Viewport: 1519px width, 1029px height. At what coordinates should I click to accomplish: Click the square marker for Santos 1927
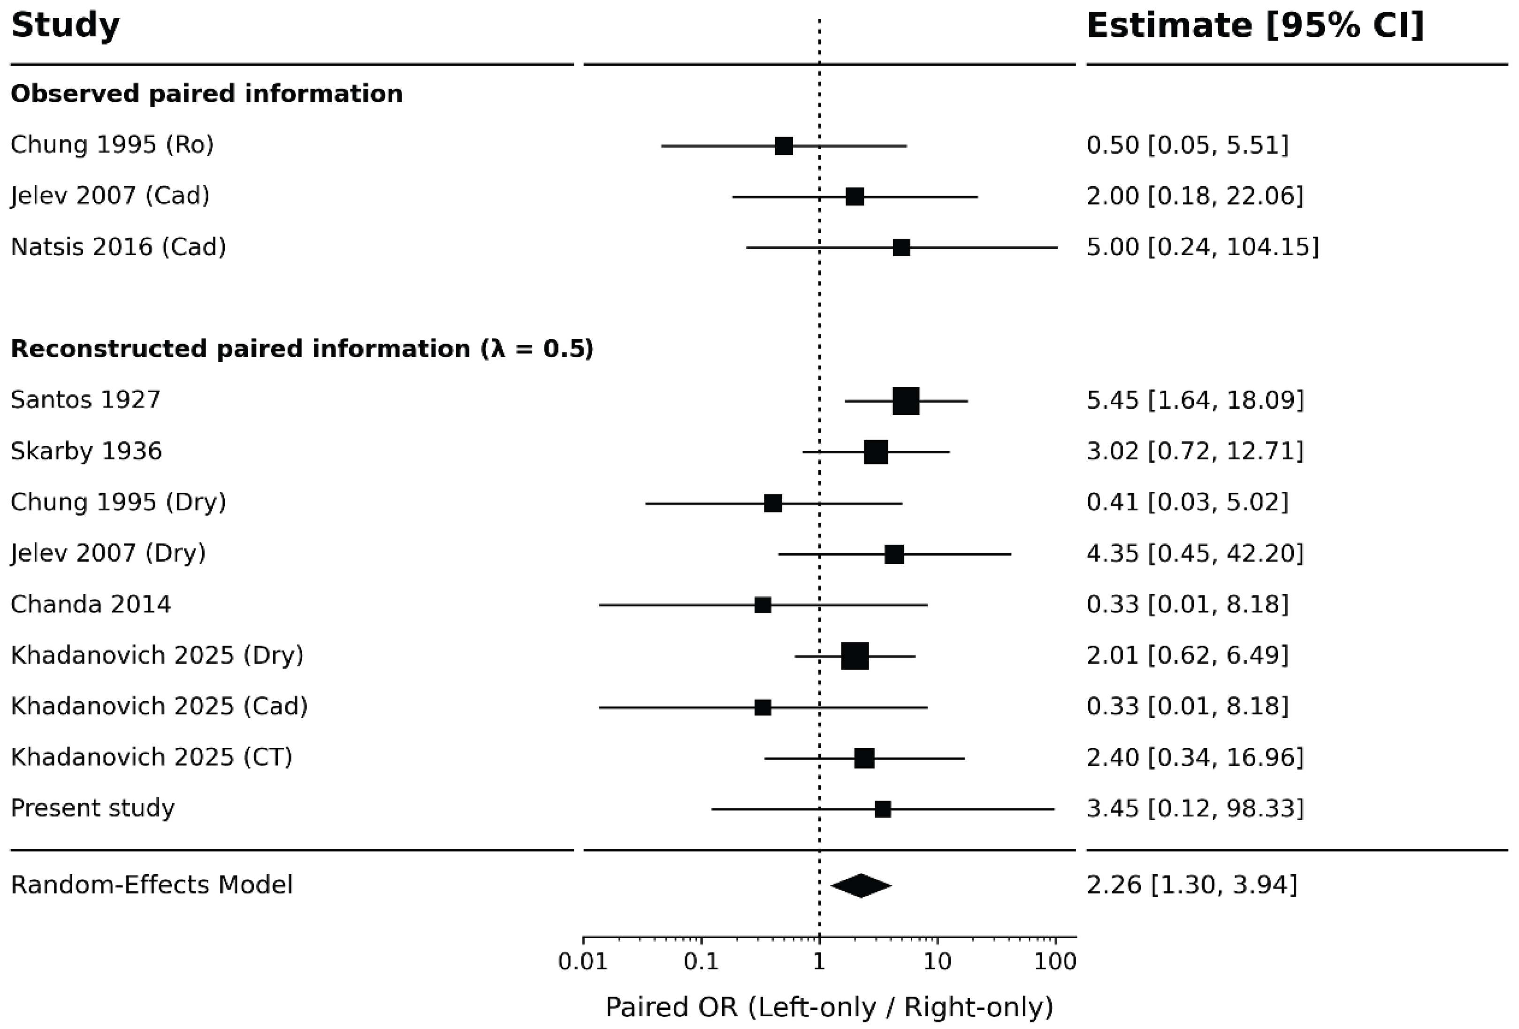point(906,401)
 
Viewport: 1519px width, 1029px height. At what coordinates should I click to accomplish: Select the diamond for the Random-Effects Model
point(861,886)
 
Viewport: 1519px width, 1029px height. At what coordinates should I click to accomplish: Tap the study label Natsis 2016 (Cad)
point(118,247)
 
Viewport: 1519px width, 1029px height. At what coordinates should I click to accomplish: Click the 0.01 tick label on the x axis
point(583,961)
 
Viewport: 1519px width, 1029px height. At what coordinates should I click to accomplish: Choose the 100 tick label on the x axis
point(1055,961)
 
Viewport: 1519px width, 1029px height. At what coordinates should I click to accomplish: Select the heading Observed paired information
point(206,93)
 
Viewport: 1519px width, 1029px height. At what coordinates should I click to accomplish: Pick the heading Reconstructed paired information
point(302,349)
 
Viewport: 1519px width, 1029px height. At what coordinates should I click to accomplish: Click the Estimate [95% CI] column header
point(1255,26)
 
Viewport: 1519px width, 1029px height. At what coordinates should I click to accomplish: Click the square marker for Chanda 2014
point(763,605)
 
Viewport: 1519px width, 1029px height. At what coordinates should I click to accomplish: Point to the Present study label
point(93,808)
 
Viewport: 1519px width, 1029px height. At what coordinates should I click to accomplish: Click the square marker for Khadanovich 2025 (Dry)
point(855,656)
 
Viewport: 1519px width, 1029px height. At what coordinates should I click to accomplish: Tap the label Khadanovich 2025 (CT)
point(152,757)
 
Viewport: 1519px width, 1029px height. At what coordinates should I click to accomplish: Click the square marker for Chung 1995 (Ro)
point(784,146)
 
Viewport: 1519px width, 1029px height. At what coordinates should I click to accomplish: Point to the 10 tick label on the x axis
point(937,961)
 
